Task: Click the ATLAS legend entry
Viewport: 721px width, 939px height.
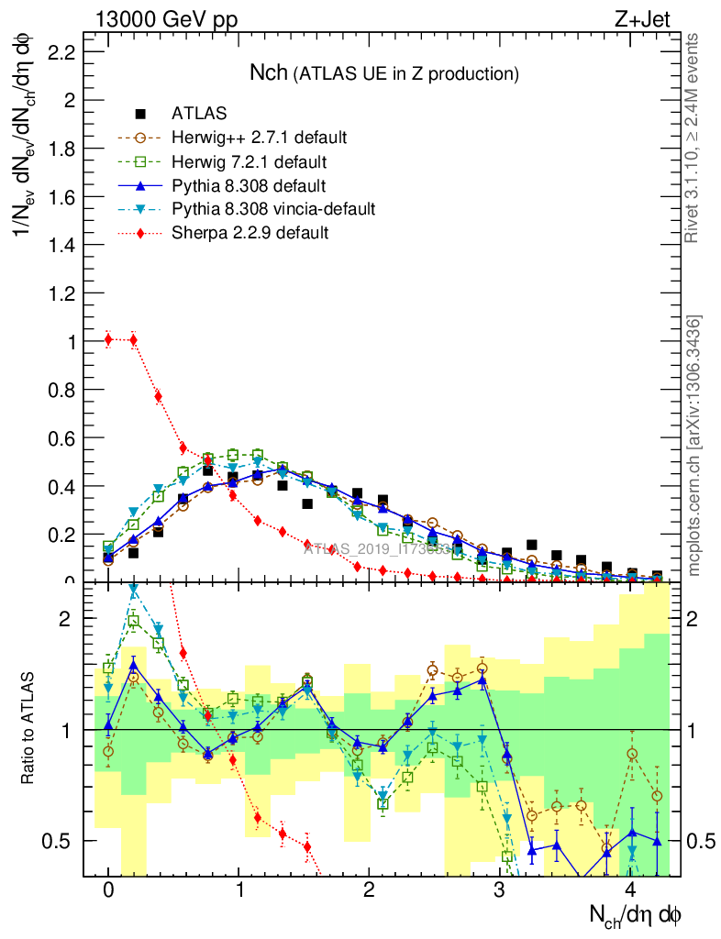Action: coord(199,115)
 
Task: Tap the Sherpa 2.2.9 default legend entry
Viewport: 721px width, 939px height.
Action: coord(250,233)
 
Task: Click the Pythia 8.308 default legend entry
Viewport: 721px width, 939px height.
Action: coord(249,185)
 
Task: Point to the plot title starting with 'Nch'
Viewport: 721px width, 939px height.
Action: coord(384,72)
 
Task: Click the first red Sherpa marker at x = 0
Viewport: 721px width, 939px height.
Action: coord(108,340)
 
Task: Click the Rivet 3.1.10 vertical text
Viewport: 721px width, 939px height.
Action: coord(693,138)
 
